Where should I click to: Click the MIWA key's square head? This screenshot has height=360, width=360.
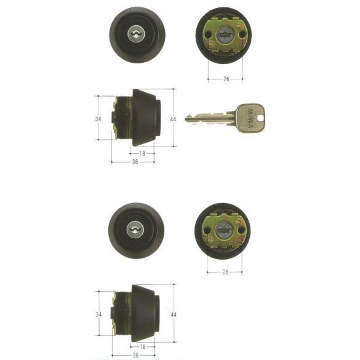250,118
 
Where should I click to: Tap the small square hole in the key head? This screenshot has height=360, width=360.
260,119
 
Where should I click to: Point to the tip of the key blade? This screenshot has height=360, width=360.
186,118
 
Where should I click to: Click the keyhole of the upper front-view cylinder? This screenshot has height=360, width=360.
135,34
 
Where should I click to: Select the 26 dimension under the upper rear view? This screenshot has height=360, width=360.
226,79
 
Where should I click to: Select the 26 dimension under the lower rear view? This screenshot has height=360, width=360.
225,272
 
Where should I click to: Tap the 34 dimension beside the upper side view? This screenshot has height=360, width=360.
98,119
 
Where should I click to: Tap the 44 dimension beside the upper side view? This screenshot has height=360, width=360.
173,119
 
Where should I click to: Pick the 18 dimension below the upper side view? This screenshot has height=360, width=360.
142,153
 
